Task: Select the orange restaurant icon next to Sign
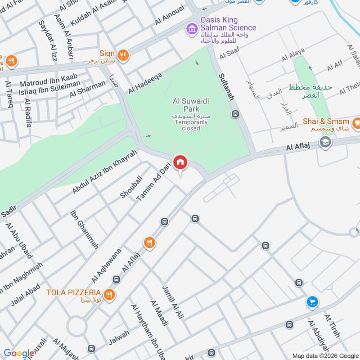(x=123, y=56)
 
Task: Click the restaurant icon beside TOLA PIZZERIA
(x=108, y=295)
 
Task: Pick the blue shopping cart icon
(x=312, y=302)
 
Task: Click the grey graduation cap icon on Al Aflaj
(x=324, y=143)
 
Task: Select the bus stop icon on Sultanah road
(x=235, y=114)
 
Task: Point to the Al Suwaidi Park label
(x=186, y=105)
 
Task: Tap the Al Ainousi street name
(x=170, y=15)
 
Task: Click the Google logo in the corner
(x=18, y=353)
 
